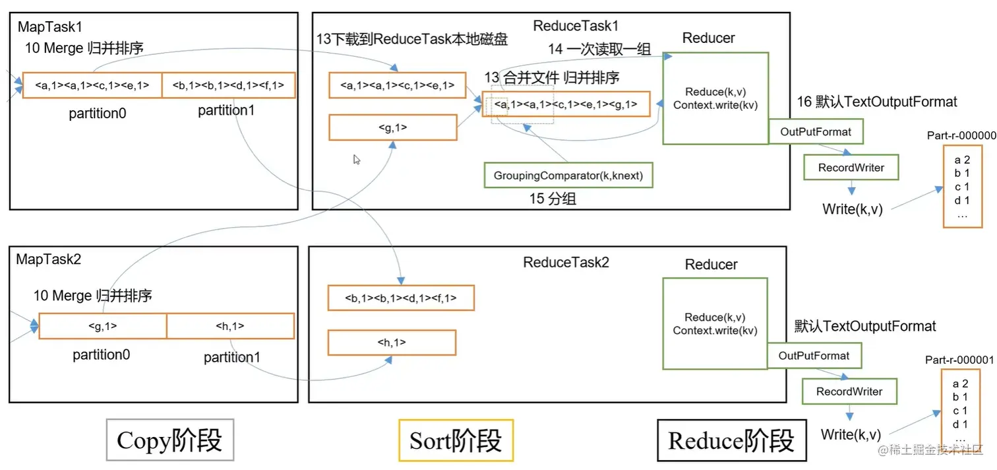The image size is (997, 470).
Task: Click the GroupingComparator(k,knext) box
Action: pos(568,176)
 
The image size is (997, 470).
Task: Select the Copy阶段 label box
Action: pos(169,440)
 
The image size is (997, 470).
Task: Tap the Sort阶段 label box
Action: pos(456,440)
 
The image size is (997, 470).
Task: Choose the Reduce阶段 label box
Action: pos(731,441)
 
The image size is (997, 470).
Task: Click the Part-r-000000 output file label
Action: pos(961,135)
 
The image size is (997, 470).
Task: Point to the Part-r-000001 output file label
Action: pos(959,360)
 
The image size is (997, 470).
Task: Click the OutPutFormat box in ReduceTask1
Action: pos(816,132)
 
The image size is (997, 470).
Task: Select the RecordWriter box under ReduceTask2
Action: pos(849,391)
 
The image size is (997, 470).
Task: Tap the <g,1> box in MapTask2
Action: pos(103,325)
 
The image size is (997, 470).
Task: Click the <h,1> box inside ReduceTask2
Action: pos(392,343)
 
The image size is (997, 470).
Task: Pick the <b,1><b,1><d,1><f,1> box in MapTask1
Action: pos(228,85)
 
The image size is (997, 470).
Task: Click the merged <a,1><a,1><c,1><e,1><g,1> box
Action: pos(566,104)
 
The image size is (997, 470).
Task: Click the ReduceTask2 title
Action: pos(566,262)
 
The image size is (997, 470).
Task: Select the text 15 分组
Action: pos(553,199)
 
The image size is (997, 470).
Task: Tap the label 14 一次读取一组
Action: pos(599,50)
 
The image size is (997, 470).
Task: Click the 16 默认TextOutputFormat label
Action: pos(877,102)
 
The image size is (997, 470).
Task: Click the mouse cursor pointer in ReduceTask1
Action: pos(356,159)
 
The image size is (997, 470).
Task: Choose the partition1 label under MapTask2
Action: pos(231,357)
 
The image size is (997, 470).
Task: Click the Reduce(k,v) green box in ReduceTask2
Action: pos(715,323)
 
